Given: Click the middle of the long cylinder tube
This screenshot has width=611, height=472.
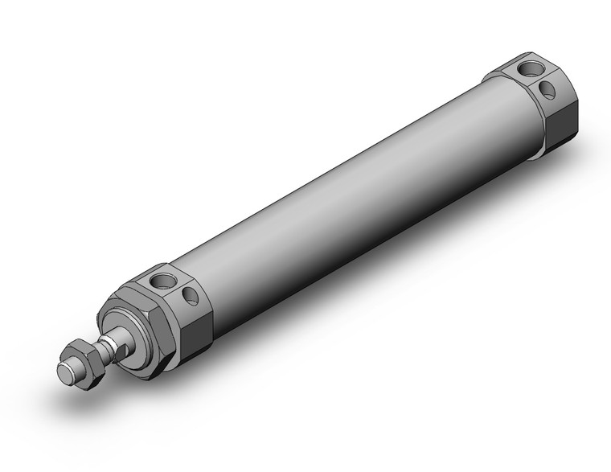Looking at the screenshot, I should pyautogui.click(x=338, y=201).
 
